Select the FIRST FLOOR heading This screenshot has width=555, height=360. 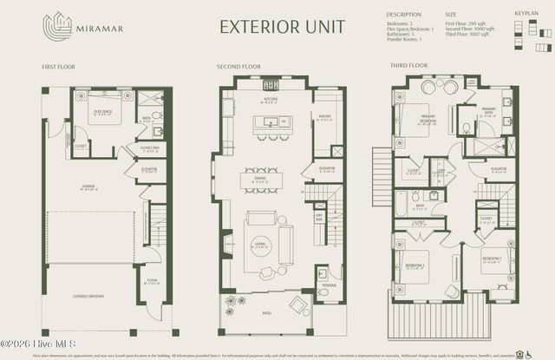(59, 66)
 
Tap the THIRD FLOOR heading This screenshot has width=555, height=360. (410, 66)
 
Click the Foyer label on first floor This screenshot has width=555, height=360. (153, 279)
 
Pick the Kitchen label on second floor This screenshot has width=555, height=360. (270, 99)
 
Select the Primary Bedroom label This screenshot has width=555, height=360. (428, 121)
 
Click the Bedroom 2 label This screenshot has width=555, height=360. (416, 265)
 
